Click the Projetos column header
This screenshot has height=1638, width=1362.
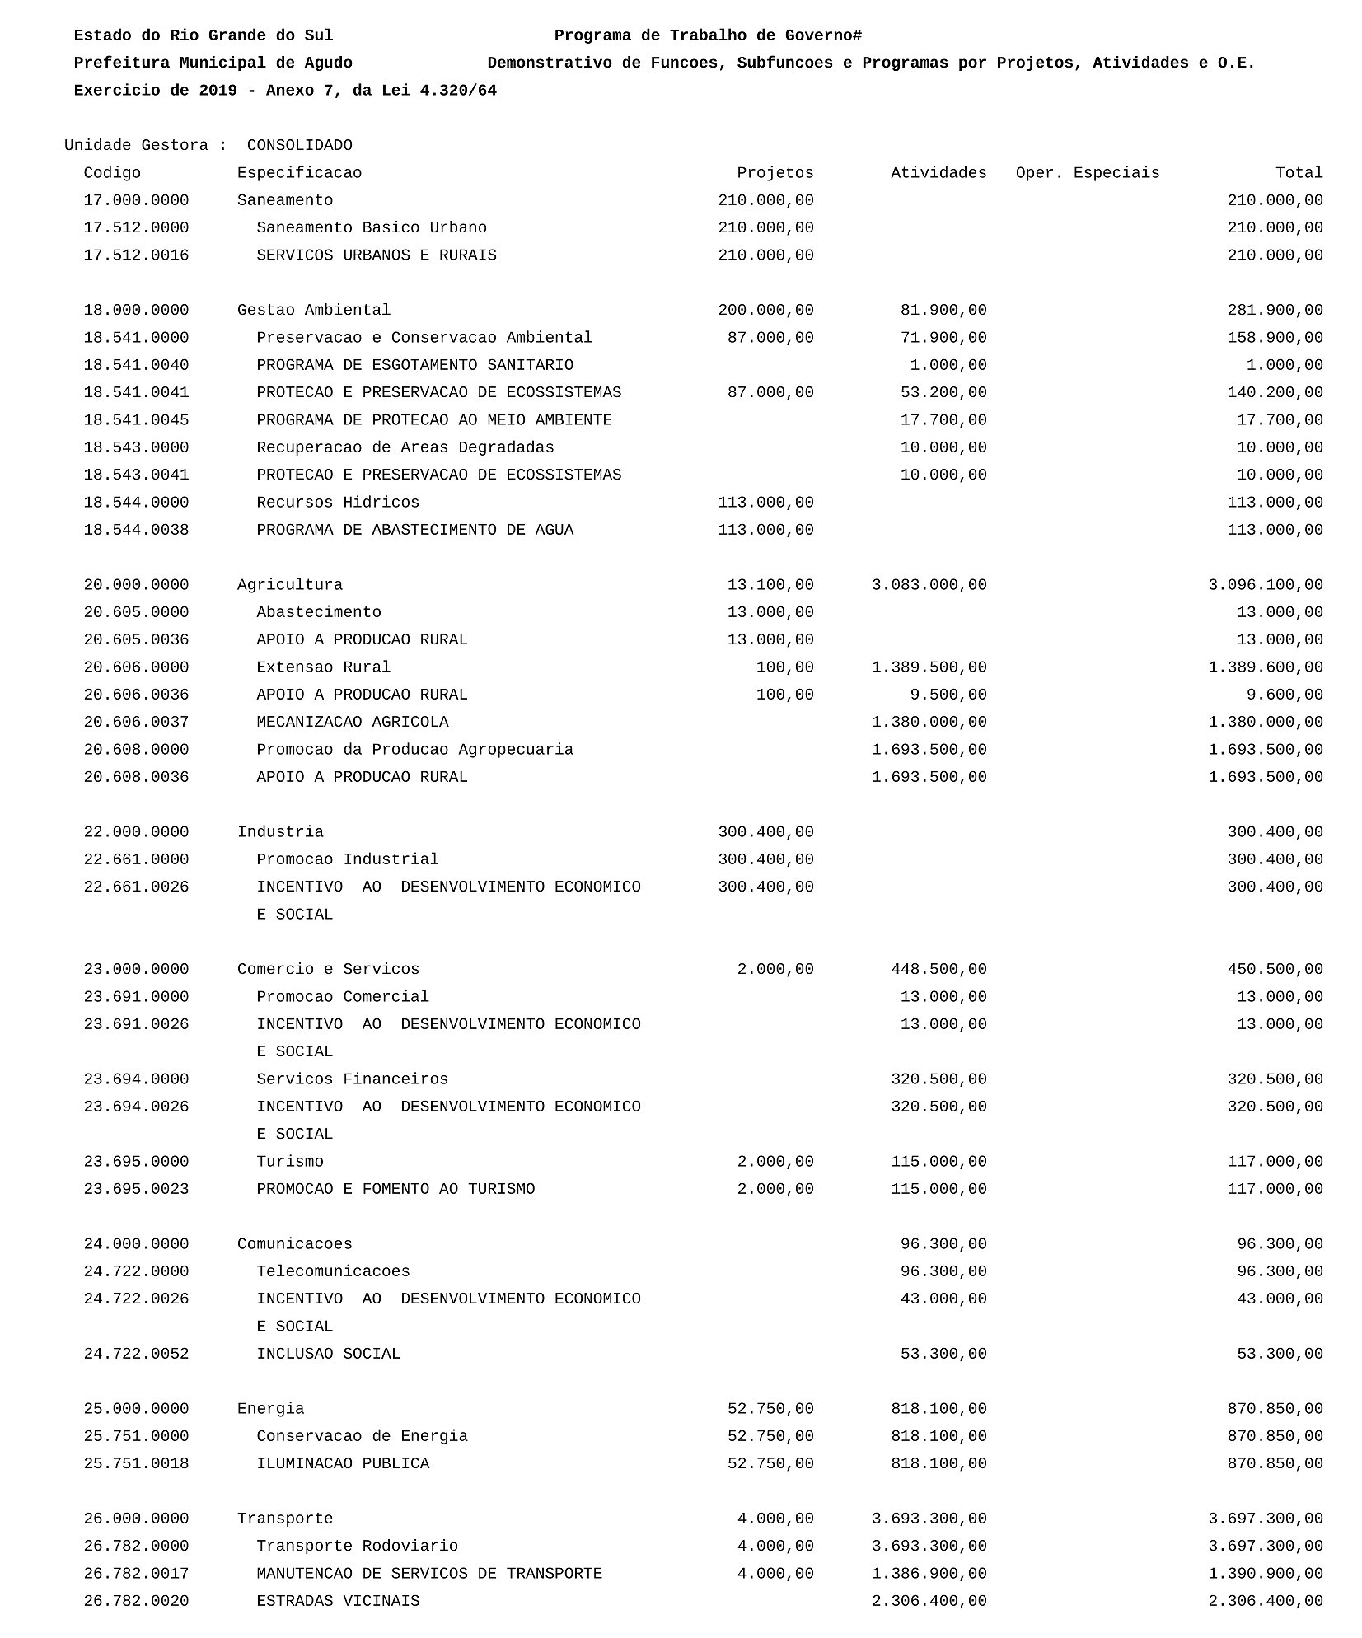pos(775,173)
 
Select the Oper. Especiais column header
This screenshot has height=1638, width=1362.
pos(1087,173)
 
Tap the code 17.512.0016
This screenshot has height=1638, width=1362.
pos(136,255)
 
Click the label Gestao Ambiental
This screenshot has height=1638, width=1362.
pos(314,311)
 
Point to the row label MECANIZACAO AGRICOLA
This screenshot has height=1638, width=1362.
pos(353,723)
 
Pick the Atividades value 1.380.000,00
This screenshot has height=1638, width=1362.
pos(929,723)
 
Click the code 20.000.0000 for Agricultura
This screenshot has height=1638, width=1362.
pos(136,585)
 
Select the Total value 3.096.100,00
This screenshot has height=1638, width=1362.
pos(1265,585)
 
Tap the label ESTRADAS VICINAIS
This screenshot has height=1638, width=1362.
pos(338,1601)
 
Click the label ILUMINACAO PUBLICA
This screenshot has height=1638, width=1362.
pos(343,1463)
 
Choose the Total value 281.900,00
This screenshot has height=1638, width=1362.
pos(1275,311)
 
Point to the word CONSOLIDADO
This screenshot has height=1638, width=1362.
pos(299,146)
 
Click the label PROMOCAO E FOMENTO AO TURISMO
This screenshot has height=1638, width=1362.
pos(395,1189)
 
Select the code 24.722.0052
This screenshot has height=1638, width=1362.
pos(136,1354)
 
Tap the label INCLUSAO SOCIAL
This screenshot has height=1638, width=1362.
pos(328,1354)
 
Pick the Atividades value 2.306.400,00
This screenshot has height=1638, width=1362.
pos(929,1601)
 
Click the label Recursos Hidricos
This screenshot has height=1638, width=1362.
pos(338,503)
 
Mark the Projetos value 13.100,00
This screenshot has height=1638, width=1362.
pos(770,585)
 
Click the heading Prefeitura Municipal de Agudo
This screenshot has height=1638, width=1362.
pos(213,63)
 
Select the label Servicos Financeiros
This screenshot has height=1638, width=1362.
pos(352,1079)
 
